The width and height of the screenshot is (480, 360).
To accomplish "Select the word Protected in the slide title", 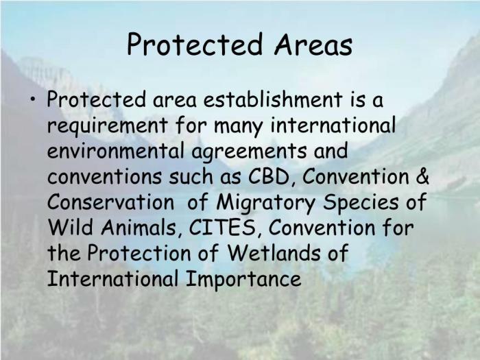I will pyautogui.click(x=190, y=45).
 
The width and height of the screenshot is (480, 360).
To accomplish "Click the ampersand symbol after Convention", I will pyautogui.click(x=422, y=177).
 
